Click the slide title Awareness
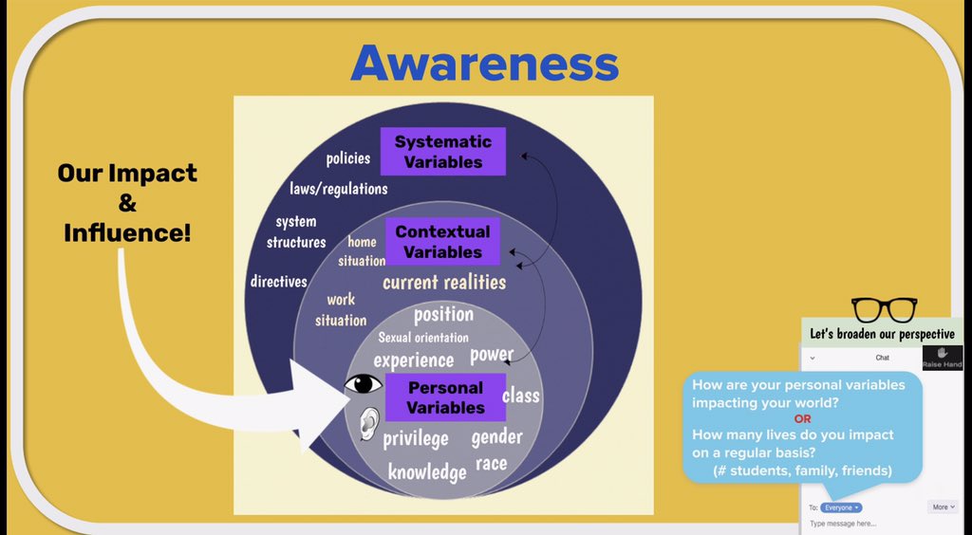coord(484,65)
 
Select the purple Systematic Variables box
coord(443,152)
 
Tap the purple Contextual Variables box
coord(443,242)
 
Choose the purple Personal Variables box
coord(445,397)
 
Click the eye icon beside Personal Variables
coord(364,384)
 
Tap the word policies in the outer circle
coord(348,158)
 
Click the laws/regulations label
coord(339,189)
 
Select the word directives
coord(279,281)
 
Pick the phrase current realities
coord(444,282)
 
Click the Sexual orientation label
coord(423,337)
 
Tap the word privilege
coord(416,438)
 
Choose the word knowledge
coord(427,471)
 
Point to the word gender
coord(496,436)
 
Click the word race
coord(491,464)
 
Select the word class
coord(520,395)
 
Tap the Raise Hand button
coord(942,358)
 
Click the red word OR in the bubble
coord(802,418)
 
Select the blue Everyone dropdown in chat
coord(842,507)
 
